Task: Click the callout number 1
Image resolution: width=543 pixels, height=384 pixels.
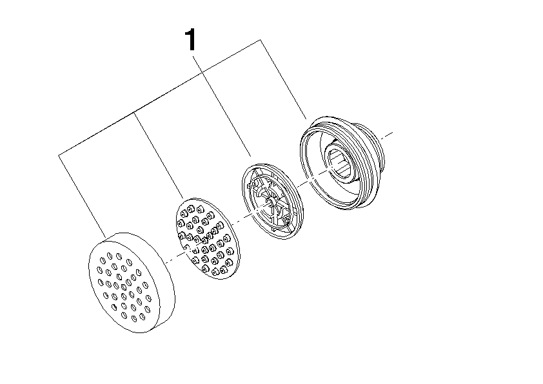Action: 190,40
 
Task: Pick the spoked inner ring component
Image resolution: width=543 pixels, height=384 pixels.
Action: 273,201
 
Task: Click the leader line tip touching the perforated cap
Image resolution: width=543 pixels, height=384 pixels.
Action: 105,238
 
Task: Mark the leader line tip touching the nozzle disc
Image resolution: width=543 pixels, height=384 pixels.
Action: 183,198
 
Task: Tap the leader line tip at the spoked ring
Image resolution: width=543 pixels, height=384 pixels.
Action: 251,156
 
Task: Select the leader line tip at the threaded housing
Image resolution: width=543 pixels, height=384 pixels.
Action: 306,119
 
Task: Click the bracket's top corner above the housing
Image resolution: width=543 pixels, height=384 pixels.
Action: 261,40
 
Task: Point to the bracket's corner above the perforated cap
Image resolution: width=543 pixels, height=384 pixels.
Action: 59,155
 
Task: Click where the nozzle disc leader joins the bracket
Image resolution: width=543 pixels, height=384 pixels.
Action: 134,113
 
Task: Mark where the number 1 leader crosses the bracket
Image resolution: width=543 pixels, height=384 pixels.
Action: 203,73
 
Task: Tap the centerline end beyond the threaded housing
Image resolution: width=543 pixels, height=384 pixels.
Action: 392,132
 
